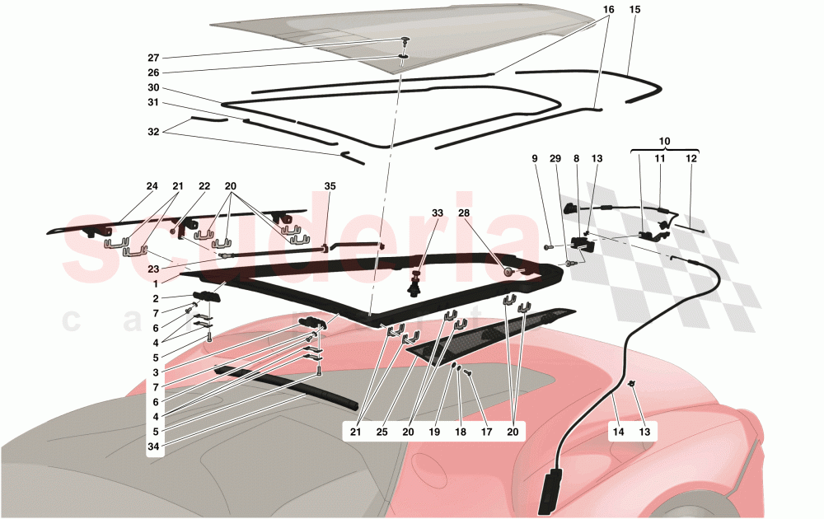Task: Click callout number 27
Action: [153, 58]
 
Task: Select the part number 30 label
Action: [153, 88]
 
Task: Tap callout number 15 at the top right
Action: [634, 9]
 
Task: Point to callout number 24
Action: [152, 186]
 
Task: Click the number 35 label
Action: [330, 186]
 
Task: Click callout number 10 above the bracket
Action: [665, 142]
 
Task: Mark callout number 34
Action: [153, 447]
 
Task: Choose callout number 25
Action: [382, 431]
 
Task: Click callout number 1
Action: [153, 283]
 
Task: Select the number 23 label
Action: [153, 268]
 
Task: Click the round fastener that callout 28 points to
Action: [508, 270]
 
